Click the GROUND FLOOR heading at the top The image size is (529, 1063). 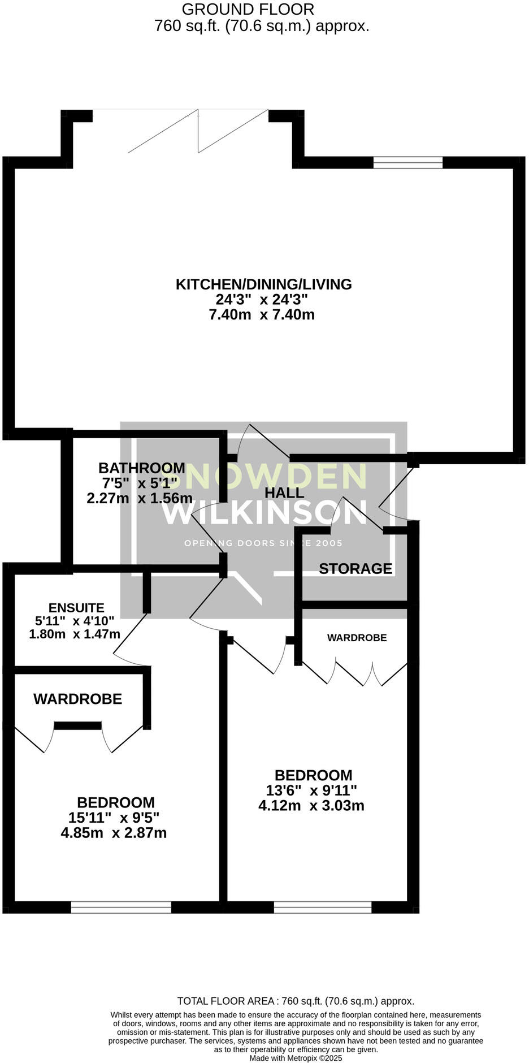click(x=248, y=10)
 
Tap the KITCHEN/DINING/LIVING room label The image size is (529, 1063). click(x=263, y=284)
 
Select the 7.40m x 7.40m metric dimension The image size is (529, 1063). click(x=261, y=315)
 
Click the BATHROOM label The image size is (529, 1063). click(x=141, y=468)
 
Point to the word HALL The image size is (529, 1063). click(x=284, y=493)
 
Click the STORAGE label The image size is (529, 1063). click(x=355, y=569)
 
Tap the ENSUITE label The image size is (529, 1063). click(x=76, y=608)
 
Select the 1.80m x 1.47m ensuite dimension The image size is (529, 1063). click(x=75, y=634)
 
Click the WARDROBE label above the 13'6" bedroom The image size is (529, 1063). click(x=357, y=638)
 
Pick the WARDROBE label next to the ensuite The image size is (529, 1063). click(x=77, y=699)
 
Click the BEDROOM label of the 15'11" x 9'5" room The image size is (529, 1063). click(x=116, y=802)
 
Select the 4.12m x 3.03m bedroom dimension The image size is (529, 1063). click(x=311, y=806)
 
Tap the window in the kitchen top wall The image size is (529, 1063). click(x=407, y=163)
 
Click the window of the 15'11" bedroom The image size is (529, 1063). click(x=121, y=907)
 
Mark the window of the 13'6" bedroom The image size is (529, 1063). click(x=323, y=907)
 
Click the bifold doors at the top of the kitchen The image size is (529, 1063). click(x=198, y=131)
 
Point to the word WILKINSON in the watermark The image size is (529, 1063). click(x=264, y=513)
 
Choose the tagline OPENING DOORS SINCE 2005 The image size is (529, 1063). click(x=263, y=543)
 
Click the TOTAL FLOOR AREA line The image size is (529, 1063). click(x=296, y=1001)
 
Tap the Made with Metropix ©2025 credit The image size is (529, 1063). click(x=296, y=1058)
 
